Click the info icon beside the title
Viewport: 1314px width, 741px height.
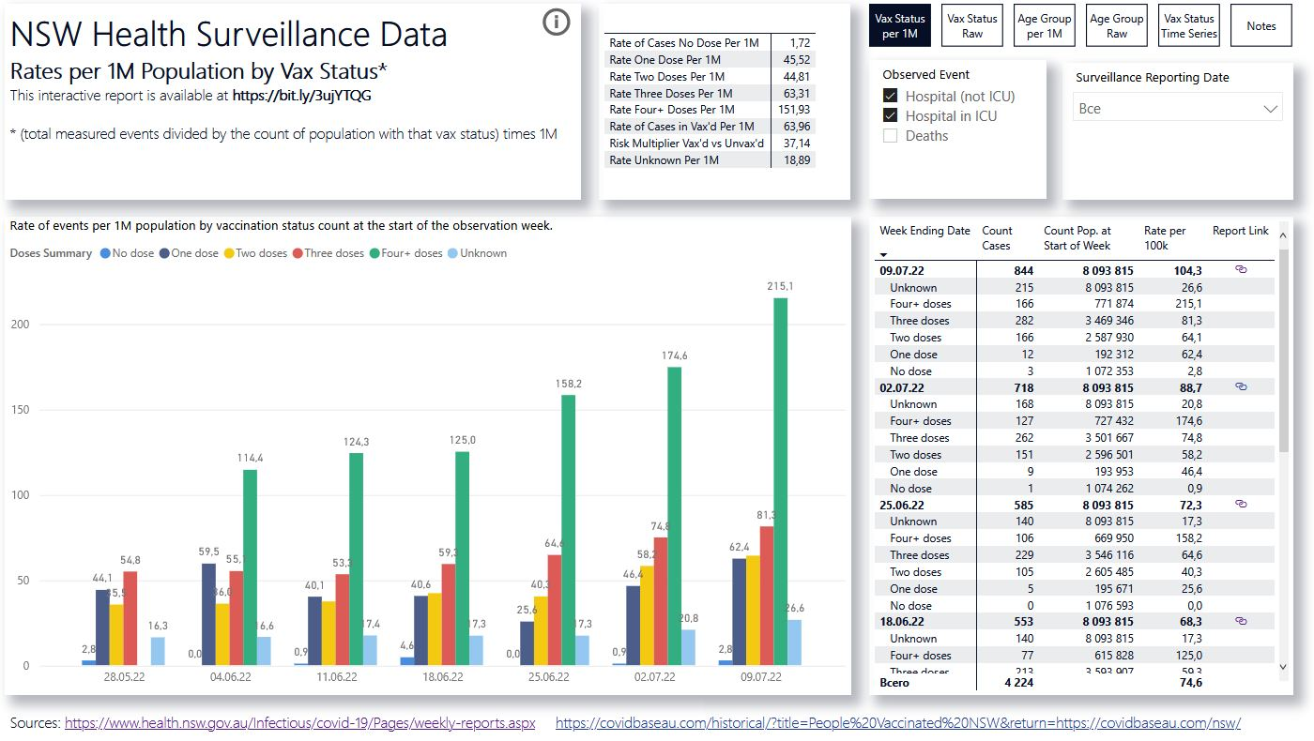(557, 23)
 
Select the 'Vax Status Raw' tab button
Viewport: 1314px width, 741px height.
(971, 25)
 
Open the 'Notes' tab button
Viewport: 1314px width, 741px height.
(1261, 25)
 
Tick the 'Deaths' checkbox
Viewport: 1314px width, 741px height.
(890, 136)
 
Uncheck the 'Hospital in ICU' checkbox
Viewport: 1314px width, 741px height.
(890, 116)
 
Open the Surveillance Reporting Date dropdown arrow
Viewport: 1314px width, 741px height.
(1271, 109)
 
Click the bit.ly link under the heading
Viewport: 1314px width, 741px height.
(308, 95)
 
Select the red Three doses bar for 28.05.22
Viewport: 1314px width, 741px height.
(130, 618)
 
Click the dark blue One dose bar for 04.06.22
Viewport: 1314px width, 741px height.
(208, 614)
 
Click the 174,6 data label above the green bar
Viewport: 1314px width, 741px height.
(674, 356)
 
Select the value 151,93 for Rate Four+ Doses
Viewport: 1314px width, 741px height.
(794, 110)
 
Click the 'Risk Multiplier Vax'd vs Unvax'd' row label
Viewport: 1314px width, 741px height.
(686, 144)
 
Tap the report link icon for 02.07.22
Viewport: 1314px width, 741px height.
(1240, 386)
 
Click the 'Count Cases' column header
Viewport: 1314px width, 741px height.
(996, 238)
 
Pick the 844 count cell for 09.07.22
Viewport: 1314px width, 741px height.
(1023, 271)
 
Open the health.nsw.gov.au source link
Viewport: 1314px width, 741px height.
(299, 723)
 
